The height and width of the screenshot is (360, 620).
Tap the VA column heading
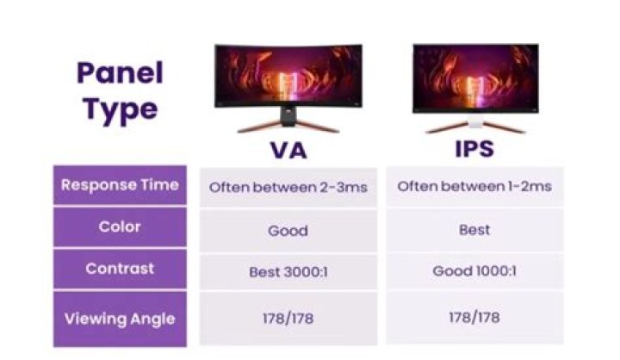(288, 150)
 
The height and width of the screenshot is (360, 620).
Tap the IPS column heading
(474, 148)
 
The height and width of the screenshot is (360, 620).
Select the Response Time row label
(120, 184)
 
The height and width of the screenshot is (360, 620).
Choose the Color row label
(120, 227)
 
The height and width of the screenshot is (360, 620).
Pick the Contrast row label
(120, 269)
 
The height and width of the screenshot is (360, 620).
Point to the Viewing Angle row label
(120, 319)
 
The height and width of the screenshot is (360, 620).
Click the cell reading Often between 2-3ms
(288, 186)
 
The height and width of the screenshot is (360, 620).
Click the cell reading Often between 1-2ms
(474, 186)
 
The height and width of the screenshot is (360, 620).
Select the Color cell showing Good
(288, 230)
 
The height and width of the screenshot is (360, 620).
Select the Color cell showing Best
(474, 230)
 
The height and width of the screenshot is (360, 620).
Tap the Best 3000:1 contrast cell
(288, 271)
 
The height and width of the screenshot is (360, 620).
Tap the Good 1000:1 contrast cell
(474, 271)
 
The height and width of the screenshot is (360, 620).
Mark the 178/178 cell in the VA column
(288, 319)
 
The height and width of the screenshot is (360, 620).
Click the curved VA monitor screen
(288, 76)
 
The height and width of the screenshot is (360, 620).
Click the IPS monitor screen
(474, 76)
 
